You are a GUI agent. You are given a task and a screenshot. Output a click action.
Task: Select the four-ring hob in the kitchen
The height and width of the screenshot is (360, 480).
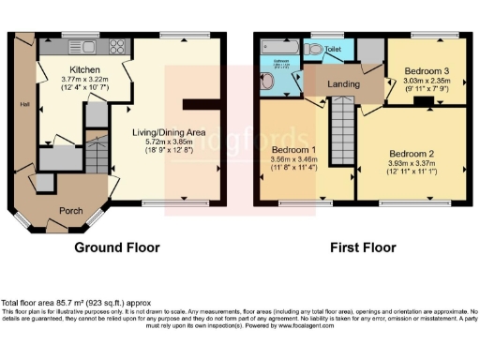click(120, 47)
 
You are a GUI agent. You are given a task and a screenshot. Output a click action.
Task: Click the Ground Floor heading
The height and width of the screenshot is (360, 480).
click(117, 247)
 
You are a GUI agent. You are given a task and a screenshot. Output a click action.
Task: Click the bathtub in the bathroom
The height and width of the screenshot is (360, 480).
click(278, 47)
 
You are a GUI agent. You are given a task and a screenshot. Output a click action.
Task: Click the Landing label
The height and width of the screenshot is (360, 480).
click(343, 83)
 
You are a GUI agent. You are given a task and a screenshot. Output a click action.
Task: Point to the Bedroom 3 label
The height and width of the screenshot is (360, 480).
click(427, 71)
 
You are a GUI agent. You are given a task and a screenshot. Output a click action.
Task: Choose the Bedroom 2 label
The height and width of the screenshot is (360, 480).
click(412, 154)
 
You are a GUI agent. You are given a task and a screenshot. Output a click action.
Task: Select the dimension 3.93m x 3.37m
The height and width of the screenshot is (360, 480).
click(412, 163)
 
